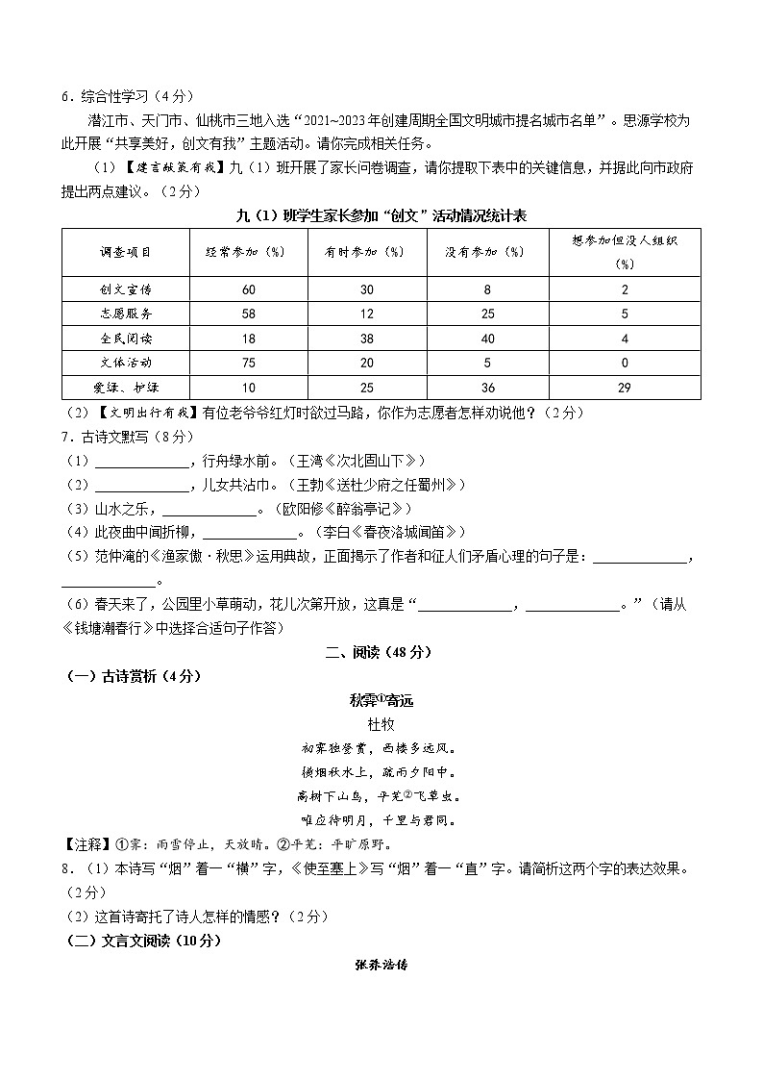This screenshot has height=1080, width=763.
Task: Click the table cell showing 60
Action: pyautogui.click(x=249, y=289)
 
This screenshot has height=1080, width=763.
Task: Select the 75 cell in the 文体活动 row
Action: pyautogui.click(x=249, y=363)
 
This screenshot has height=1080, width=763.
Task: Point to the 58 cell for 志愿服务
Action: pyautogui.click(x=249, y=314)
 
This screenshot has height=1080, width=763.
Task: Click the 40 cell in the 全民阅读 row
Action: pyautogui.click(x=487, y=339)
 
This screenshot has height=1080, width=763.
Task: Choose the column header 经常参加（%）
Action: pyautogui.click(x=249, y=252)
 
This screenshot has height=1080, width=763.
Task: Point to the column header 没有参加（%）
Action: pyautogui.click(x=487, y=252)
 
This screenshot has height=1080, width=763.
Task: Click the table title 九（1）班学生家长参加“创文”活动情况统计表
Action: pyautogui.click(x=381, y=214)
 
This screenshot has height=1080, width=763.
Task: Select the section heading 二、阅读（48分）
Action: pyautogui.click(x=381, y=652)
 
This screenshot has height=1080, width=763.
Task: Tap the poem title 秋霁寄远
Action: pyautogui.click(x=381, y=700)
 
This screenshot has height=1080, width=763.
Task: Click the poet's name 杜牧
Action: pyautogui.click(x=381, y=723)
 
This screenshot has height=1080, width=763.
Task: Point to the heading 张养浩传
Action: pyautogui.click(x=381, y=964)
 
